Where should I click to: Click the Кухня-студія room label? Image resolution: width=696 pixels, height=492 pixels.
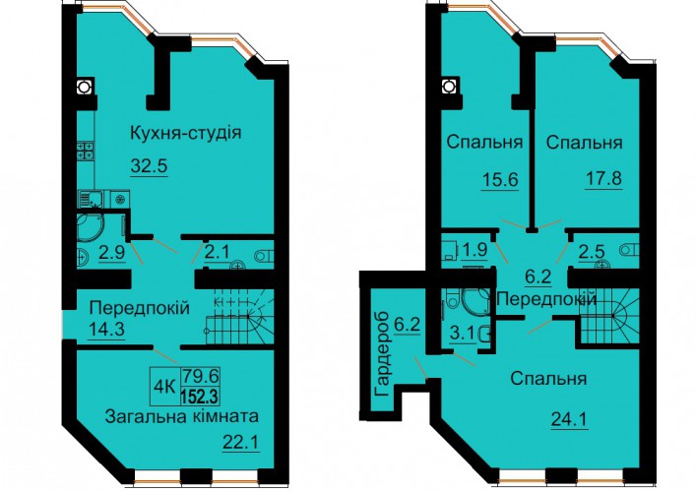(x=185, y=133)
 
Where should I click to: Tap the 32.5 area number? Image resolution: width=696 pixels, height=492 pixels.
(x=149, y=166)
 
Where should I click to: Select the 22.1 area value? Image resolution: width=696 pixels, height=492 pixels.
(x=241, y=442)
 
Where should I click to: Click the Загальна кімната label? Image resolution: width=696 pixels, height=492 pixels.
(x=181, y=416)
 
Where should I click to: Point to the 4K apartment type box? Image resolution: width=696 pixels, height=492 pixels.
(x=164, y=386)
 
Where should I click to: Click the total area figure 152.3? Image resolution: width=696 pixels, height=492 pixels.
(x=200, y=396)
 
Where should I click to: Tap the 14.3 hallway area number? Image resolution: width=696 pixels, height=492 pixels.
(x=106, y=330)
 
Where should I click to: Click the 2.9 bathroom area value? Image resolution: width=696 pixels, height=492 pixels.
(x=112, y=252)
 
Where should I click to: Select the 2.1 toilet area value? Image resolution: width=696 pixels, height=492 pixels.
(x=217, y=252)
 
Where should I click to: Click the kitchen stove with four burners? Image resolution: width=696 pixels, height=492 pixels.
(x=86, y=150)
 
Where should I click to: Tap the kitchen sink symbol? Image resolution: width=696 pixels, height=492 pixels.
(x=91, y=198)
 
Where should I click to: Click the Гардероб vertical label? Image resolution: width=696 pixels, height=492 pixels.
(x=382, y=354)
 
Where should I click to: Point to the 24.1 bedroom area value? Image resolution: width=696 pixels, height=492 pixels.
(x=569, y=419)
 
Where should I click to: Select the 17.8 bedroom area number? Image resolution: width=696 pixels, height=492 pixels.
(x=603, y=179)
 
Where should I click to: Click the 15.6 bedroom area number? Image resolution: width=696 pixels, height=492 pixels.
(x=500, y=180)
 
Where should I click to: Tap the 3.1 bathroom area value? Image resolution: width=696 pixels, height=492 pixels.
(x=463, y=333)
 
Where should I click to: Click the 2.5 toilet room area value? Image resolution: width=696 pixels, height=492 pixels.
(x=592, y=252)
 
